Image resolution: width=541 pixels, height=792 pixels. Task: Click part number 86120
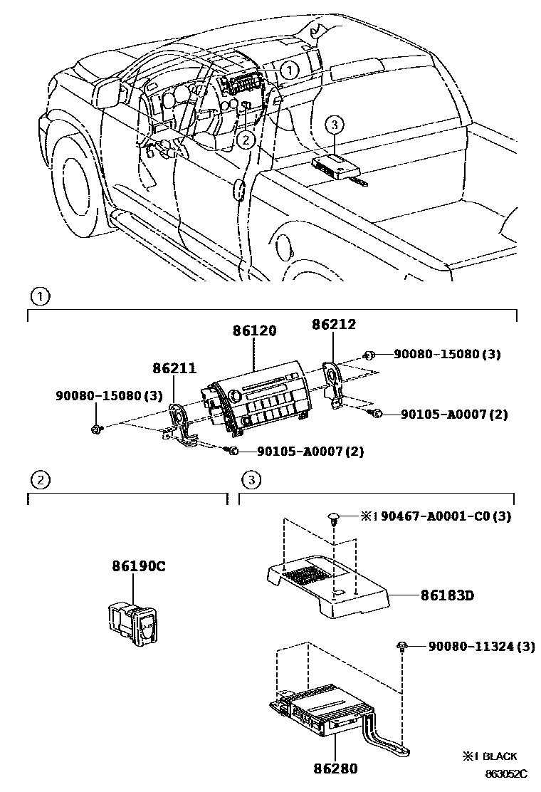click(253, 331)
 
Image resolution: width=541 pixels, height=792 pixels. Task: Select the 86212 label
click(334, 325)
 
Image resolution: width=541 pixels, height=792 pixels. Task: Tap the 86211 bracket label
click(172, 368)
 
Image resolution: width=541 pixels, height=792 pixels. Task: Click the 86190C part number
click(138, 567)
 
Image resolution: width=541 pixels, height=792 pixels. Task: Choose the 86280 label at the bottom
click(335, 768)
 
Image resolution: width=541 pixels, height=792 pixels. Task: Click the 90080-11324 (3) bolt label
click(481, 647)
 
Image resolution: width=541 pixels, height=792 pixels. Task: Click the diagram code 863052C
click(506, 773)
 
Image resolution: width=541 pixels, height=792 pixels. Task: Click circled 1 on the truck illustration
click(288, 71)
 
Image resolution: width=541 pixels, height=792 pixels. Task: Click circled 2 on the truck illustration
click(245, 140)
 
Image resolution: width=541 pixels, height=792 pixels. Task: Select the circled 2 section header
click(41, 479)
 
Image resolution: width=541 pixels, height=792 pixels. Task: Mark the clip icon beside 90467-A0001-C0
click(334, 518)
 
